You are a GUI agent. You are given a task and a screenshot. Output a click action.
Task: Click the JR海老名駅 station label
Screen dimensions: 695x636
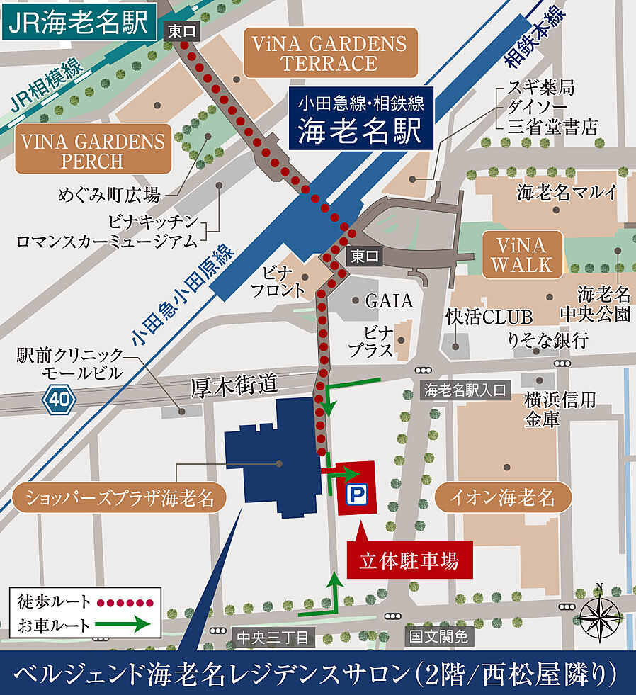click(79, 23)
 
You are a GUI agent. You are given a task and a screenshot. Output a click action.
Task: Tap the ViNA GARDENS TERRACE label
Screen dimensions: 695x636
click(329, 53)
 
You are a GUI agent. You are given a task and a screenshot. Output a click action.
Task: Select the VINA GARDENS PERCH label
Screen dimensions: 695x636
click(93, 151)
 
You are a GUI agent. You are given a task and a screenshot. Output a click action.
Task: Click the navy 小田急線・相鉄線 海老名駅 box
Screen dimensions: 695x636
click(360, 118)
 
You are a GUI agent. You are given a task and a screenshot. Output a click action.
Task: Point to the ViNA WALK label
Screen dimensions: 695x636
click(521, 255)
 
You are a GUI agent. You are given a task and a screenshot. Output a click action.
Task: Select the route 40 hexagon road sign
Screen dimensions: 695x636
click(59, 400)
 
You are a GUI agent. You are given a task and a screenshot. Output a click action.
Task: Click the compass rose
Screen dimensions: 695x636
click(599, 614)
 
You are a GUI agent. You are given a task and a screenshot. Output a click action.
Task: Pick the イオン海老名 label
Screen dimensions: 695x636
click(503, 498)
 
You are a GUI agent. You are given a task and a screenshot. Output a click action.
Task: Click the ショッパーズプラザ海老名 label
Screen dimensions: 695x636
click(118, 498)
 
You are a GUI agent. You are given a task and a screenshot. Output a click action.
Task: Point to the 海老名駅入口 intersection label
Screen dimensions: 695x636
click(465, 389)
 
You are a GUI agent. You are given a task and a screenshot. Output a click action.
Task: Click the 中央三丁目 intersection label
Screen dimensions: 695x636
click(272, 638)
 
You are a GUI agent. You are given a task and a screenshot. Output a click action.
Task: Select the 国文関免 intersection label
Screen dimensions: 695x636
click(437, 638)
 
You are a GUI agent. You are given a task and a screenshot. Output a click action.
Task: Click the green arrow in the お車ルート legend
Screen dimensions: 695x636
click(125, 625)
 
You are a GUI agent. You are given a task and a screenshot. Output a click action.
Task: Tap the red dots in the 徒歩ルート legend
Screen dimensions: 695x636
click(125, 603)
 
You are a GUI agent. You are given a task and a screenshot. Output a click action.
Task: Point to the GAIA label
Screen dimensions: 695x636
click(389, 301)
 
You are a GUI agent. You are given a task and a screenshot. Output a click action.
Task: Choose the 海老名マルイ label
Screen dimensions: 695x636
click(567, 191)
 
